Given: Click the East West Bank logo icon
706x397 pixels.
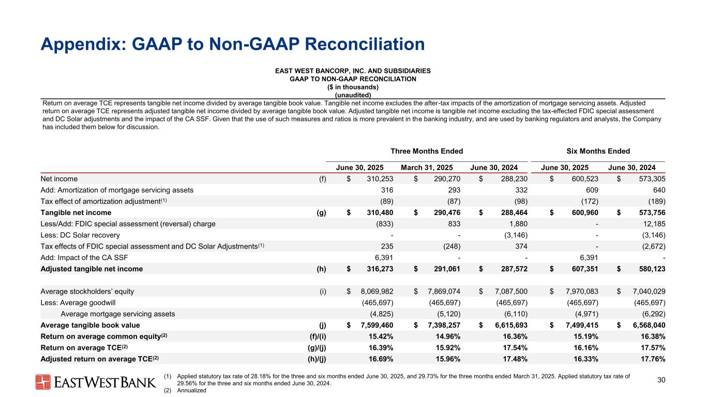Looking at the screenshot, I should click(x=43, y=382).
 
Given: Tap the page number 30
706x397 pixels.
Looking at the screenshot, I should click(x=660, y=380).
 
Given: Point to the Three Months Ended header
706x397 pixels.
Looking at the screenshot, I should click(x=427, y=151).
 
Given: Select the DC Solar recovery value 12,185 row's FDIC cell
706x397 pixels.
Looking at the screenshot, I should click(x=651, y=224).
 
